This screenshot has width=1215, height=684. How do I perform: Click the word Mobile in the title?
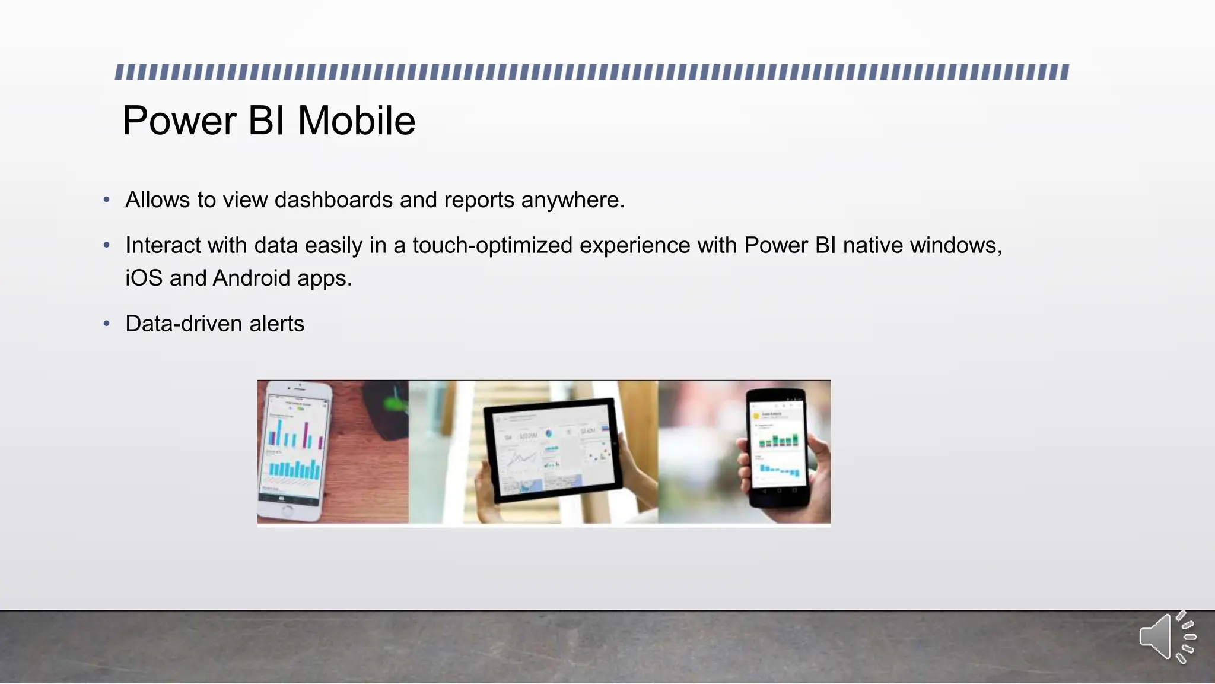click(356, 121)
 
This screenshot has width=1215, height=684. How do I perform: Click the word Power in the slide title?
click(179, 121)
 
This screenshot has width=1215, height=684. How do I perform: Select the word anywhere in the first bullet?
click(572, 200)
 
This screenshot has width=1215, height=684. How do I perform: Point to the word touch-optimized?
click(492, 245)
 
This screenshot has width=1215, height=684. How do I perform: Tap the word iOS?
click(144, 278)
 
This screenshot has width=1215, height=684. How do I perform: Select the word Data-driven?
click(184, 324)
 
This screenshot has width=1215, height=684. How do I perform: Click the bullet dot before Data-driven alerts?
click(107, 324)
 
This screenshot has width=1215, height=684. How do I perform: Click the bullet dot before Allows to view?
click(107, 200)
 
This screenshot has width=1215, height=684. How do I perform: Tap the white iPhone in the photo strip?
click(295, 451)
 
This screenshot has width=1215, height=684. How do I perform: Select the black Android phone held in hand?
click(778, 448)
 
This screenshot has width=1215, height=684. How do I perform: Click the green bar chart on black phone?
click(778, 440)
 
